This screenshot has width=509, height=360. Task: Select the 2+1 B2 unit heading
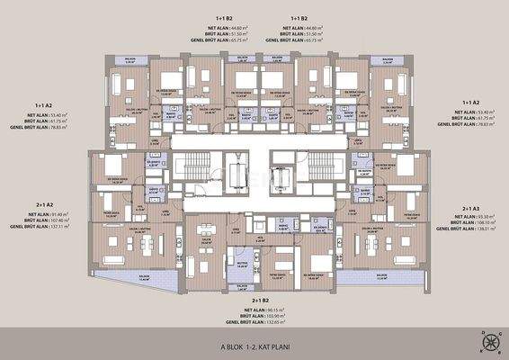pyautogui.click(x=254, y=298)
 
